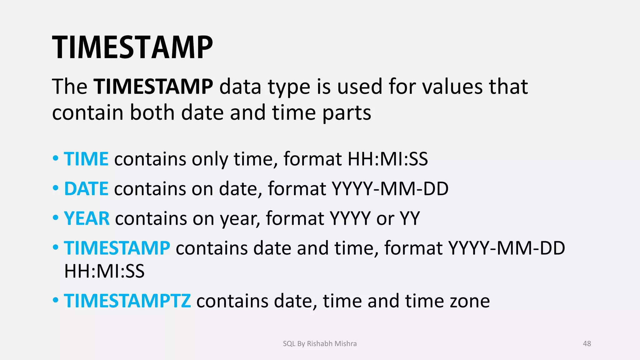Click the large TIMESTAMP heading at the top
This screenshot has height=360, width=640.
pos(132,47)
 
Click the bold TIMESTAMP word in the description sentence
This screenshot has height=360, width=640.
pos(153,87)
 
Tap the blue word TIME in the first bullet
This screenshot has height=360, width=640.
pos(86,159)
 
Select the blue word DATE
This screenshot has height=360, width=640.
pos(86,189)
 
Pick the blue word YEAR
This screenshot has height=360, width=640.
pos(87,218)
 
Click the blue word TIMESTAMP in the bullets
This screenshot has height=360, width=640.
pos(117,248)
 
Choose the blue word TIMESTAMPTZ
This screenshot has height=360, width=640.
pos(127,301)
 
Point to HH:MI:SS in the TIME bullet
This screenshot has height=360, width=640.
pos(387,159)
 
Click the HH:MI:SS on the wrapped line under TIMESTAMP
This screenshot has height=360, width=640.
pos(104,271)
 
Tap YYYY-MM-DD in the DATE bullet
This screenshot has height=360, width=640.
pos(390,189)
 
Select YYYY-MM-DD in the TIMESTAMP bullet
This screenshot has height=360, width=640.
pos(507,248)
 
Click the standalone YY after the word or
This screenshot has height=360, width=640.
pos(410,218)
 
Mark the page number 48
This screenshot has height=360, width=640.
pos(587,344)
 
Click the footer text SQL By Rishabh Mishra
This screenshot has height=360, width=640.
pos(320,344)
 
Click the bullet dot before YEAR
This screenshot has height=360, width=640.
pos(56,217)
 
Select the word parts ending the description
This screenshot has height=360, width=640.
pos(347,113)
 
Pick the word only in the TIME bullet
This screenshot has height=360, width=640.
pos(210,159)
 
